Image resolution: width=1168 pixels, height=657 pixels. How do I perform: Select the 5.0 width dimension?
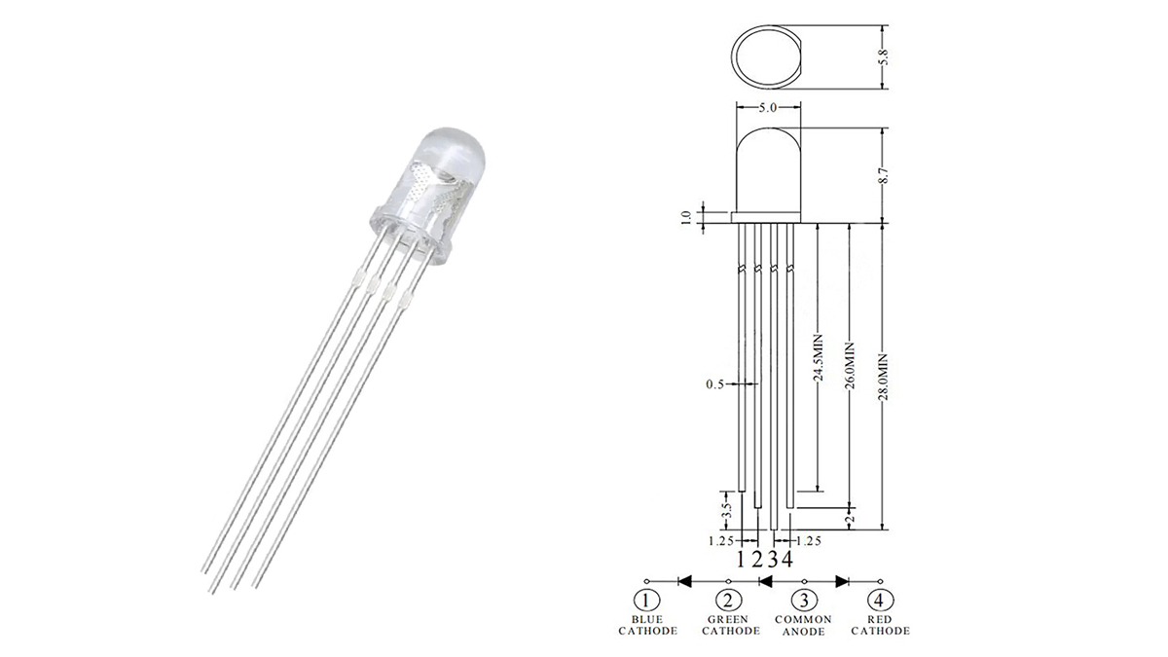pyautogui.click(x=768, y=109)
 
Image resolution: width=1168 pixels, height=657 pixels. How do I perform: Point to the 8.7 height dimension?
pyautogui.click(x=884, y=175)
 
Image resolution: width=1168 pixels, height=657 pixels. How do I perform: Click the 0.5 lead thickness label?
pyautogui.click(x=715, y=385)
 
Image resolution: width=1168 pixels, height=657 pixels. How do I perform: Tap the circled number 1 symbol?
pyautogui.click(x=647, y=601)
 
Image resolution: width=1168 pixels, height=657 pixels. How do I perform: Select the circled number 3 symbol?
pyautogui.click(x=803, y=601)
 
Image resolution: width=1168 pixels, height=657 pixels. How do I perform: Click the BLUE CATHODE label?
pyautogui.click(x=647, y=625)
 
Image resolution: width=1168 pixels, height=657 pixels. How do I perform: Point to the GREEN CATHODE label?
pyautogui.click(x=728, y=625)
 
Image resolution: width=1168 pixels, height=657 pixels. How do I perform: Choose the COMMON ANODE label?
pyautogui.click(x=803, y=625)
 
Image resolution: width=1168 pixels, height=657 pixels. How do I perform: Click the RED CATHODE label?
pyautogui.click(x=880, y=625)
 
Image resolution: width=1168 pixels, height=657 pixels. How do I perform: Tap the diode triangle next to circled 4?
pyautogui.click(x=843, y=580)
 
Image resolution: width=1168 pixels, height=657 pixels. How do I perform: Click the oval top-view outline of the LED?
pyautogui.click(x=768, y=56)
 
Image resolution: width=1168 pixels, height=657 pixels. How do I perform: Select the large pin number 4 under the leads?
pyautogui.click(x=786, y=559)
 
